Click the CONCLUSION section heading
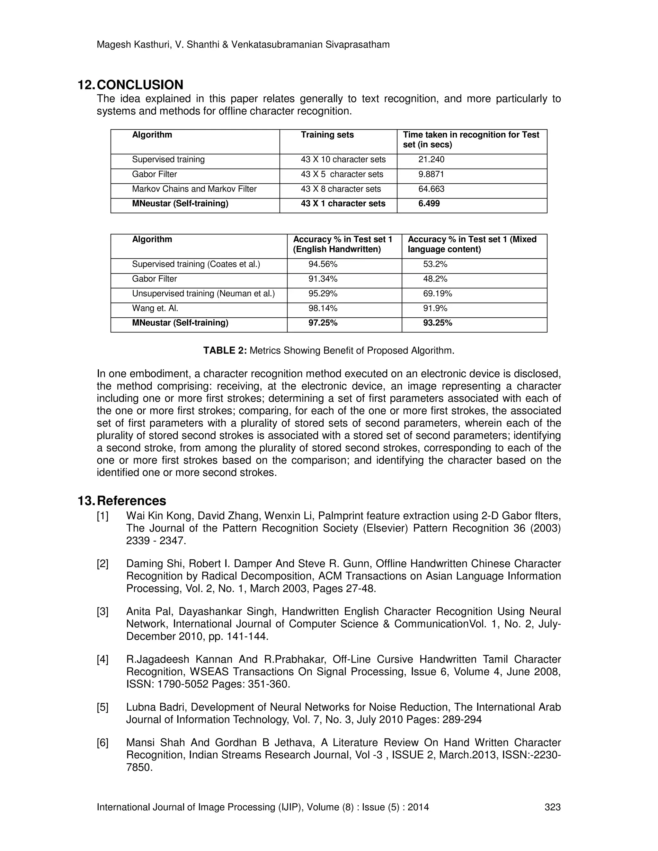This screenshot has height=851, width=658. pyautogui.click(x=140, y=85)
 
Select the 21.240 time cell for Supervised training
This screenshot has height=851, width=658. pyautogui.click(x=431, y=159)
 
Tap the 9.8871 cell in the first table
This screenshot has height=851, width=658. pyautogui.click(x=431, y=174)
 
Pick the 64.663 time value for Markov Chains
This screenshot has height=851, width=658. pyautogui.click(x=431, y=189)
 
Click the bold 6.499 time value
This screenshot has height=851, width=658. pyautogui.click(x=429, y=203)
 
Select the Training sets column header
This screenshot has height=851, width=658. pyautogui.click(x=327, y=135)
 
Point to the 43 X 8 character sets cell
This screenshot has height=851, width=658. pyautogui.click(x=341, y=189)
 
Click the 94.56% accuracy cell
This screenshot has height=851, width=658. pyautogui.click(x=323, y=264)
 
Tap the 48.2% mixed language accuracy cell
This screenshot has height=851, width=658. pyautogui.click(x=435, y=279)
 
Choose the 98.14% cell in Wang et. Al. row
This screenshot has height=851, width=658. pyautogui.click(x=323, y=308)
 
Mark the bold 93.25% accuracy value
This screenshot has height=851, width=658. pyautogui.click(x=437, y=323)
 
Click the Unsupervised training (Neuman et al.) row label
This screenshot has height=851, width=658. pyautogui.click(x=203, y=294)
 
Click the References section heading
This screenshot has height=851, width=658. pyautogui.click(x=131, y=501)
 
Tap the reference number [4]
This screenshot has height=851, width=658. pyautogui.click(x=102, y=659)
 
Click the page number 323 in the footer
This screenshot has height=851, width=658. pyautogui.click(x=552, y=807)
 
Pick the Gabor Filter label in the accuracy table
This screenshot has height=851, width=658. pyautogui.click(x=154, y=279)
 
